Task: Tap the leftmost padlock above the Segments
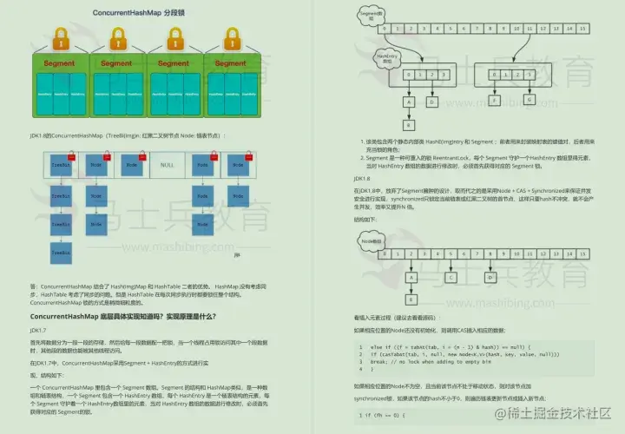pos(60,39)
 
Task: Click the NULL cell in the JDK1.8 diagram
pos(167,163)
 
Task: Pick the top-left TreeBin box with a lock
pos(60,164)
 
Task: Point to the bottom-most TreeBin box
pos(60,253)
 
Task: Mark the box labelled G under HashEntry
pos(530,100)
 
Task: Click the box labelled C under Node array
pos(452,277)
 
